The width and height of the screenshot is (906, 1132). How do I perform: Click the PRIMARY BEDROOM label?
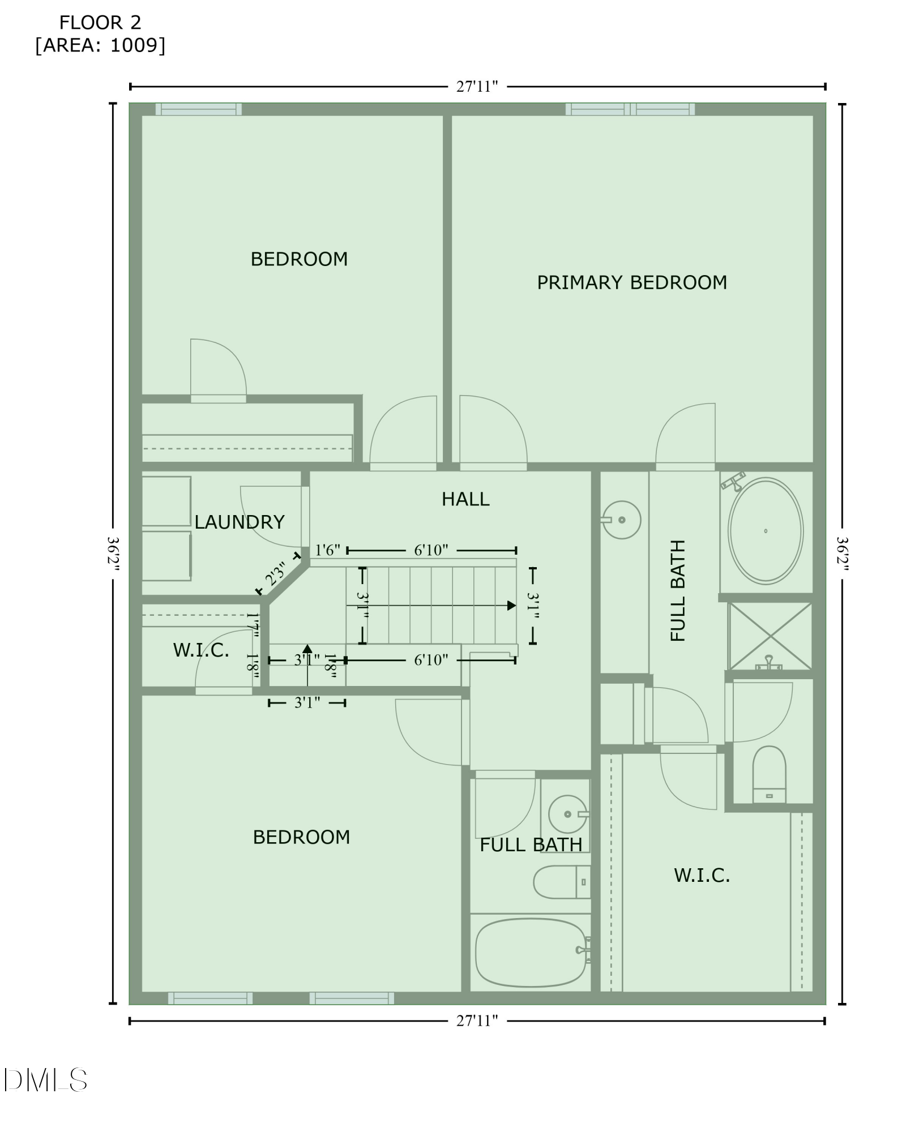click(631, 282)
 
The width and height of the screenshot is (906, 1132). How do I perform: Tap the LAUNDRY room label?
click(239, 522)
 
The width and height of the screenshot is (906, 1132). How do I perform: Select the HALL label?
click(465, 499)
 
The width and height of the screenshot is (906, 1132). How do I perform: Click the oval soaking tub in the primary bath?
click(765, 531)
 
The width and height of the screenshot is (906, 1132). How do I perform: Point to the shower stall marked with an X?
click(770, 636)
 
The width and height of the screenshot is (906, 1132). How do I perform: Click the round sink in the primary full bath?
click(622, 520)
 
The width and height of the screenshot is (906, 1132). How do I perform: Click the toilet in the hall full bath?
click(561, 882)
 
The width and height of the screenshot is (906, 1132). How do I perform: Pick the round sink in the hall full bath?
click(567, 814)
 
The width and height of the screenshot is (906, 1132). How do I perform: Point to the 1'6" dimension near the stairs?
click(327, 550)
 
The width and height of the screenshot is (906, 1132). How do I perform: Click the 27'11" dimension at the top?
click(477, 87)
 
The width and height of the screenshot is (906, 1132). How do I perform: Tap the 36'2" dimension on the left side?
click(113, 554)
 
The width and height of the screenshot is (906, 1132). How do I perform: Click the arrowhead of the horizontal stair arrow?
click(512, 606)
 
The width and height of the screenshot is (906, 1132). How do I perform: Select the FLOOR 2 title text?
click(100, 23)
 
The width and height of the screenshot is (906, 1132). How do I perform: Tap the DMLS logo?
click(45, 1080)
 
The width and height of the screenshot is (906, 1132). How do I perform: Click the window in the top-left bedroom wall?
click(199, 109)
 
